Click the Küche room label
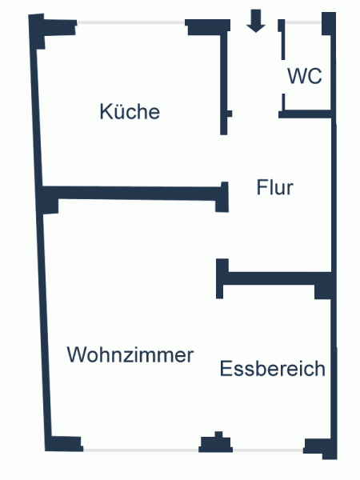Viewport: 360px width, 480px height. [x=130, y=111]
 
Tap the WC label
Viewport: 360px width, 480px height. [x=305, y=76]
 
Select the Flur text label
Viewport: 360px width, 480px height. [x=274, y=187]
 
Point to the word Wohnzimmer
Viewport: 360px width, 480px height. [x=130, y=354]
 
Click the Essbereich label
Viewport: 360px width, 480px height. [x=273, y=368]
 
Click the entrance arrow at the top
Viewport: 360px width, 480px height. [x=256, y=21]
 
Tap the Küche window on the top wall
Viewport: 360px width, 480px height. [x=131, y=22]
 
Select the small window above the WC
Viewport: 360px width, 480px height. [x=303, y=22]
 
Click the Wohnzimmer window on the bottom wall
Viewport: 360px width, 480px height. [x=141, y=450]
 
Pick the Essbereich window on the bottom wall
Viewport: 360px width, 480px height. [x=268, y=450]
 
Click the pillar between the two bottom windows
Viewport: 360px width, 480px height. [x=216, y=442]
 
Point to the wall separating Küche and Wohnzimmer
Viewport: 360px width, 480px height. [x=134, y=193]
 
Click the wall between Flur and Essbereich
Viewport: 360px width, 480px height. [x=274, y=278]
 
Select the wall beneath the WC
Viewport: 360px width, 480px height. [x=306, y=114]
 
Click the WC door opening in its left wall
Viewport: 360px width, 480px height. [x=283, y=77]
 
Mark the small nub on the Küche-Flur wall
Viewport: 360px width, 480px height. [x=230, y=114]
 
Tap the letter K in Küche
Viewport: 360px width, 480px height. [x=105, y=111]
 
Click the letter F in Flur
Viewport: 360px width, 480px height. [x=261, y=187]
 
